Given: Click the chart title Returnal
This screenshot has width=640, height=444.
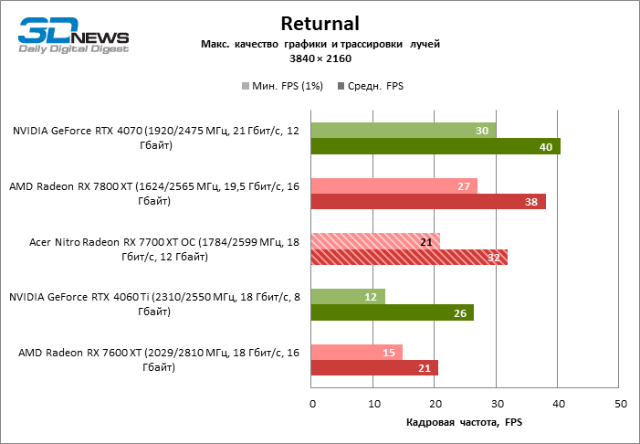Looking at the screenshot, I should pos(320,23).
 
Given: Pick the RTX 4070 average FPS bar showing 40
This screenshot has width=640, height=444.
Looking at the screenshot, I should pos(435,146).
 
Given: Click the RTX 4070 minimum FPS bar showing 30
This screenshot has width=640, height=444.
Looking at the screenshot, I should pos(404,131).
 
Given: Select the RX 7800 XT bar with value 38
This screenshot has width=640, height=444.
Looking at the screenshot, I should pos(428,202).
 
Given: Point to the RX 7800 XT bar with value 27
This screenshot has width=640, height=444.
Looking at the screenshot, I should pos(394,186).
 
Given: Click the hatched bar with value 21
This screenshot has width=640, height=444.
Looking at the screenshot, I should pos(375,242).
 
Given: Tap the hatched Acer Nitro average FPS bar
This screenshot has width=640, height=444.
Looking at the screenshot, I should pos(409,258).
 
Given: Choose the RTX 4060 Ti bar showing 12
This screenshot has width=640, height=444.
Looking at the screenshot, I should pos(348,297).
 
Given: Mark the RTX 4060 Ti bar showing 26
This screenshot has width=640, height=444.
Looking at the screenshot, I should pos(393,313).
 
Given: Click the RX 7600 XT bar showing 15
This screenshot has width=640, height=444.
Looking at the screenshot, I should pos(357,353).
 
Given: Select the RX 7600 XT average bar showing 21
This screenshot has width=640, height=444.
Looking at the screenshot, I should pos(374,368).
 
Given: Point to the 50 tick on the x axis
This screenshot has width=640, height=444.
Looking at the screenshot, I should pos(620,403).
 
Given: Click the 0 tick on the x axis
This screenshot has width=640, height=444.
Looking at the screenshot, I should pos(312,403).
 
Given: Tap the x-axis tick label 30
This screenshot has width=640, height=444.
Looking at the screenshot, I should pos(497,403).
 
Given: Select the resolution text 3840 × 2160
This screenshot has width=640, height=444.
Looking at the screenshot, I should pos(320,58).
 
